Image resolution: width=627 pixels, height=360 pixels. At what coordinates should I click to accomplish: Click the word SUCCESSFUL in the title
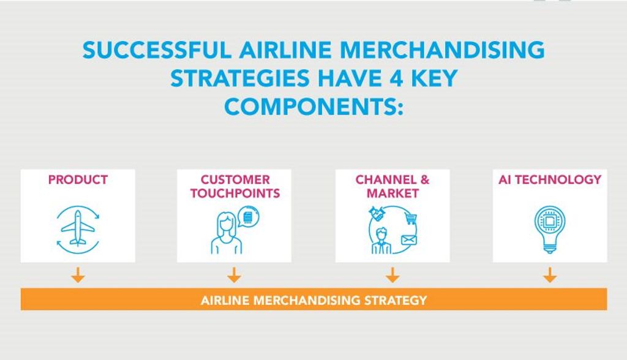(x=157, y=50)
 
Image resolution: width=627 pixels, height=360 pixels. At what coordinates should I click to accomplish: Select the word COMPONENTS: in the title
(x=313, y=106)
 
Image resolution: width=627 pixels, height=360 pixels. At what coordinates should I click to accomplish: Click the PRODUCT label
(x=78, y=179)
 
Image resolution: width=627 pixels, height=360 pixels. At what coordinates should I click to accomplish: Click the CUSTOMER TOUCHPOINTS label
(x=235, y=186)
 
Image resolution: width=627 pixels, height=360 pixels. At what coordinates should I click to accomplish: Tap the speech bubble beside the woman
(x=249, y=217)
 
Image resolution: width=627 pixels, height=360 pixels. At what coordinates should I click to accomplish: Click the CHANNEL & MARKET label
(x=392, y=186)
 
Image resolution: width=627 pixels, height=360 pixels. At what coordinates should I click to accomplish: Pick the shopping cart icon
(x=411, y=219)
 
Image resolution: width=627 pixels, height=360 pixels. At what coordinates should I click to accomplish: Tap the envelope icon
(x=408, y=240)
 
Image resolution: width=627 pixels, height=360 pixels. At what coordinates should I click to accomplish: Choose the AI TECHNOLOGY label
(x=550, y=179)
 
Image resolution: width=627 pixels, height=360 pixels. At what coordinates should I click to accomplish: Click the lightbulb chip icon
(x=550, y=230)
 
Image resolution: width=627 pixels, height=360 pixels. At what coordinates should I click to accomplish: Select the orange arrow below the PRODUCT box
(x=78, y=275)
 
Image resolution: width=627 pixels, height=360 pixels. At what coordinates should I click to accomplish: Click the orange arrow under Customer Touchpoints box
(x=234, y=275)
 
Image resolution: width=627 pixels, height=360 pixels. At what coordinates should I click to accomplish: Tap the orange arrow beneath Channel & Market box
(x=392, y=275)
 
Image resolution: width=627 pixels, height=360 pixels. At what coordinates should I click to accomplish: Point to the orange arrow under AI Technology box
(x=550, y=275)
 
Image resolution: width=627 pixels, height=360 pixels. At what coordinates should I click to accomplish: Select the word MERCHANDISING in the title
(x=442, y=50)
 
